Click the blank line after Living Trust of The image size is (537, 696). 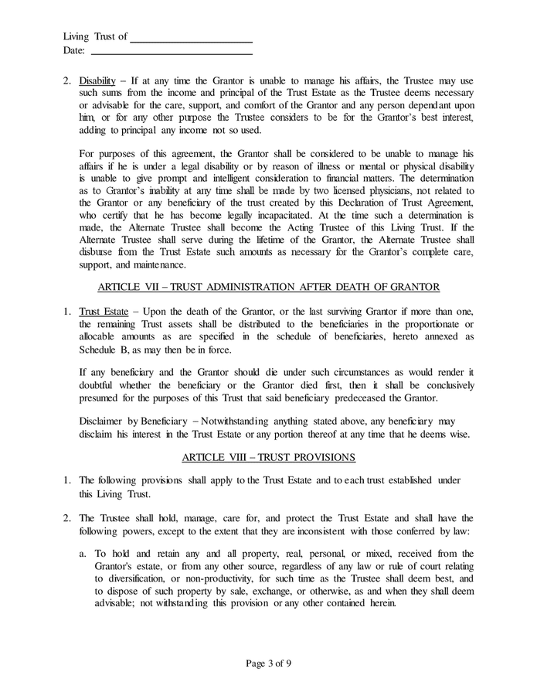(x=191, y=39)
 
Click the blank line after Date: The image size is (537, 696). (x=172, y=53)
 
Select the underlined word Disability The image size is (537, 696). (x=97, y=80)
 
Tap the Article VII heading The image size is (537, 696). (x=269, y=287)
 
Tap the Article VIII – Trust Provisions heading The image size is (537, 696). (x=269, y=457)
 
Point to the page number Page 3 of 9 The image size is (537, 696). (x=268, y=663)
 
